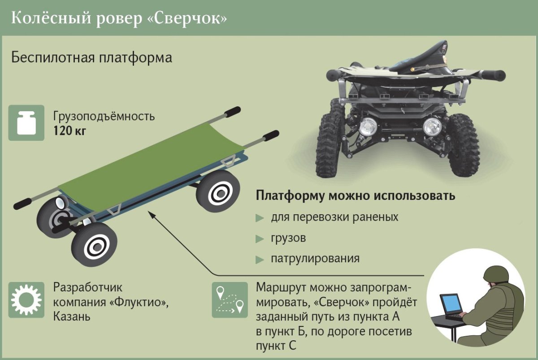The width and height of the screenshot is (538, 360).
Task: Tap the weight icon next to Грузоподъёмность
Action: point(26,123)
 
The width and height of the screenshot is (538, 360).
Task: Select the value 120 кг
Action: point(69,131)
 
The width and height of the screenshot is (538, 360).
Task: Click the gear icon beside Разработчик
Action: point(26,300)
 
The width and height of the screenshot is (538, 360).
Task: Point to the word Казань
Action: point(72,317)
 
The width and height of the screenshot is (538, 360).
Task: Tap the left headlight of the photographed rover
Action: point(368,126)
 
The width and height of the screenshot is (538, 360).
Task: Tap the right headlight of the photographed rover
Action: point(433,126)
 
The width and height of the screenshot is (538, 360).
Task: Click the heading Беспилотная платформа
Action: point(92,58)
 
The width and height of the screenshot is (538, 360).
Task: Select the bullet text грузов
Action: point(288,238)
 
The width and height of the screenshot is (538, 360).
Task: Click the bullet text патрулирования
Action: point(315,259)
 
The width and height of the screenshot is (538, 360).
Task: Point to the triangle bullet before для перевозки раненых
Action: point(260,218)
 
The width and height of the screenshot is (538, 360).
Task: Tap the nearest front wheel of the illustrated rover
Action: point(95,245)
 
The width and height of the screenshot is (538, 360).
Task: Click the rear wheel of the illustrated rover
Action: point(218,191)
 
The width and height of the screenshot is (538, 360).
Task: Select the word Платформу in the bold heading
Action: point(290,196)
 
